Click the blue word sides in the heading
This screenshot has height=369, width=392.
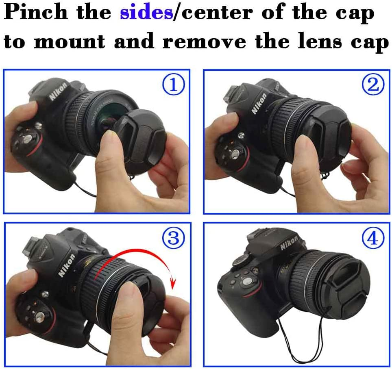[146, 13]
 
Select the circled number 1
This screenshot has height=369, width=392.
[173, 85]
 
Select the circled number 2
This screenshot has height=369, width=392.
[373, 85]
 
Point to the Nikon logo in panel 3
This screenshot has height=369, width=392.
[66, 265]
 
